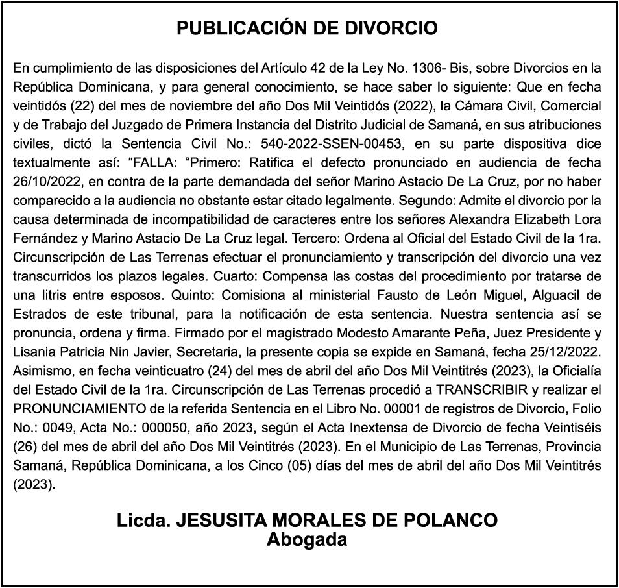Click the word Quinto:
194,296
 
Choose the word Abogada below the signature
307,540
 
